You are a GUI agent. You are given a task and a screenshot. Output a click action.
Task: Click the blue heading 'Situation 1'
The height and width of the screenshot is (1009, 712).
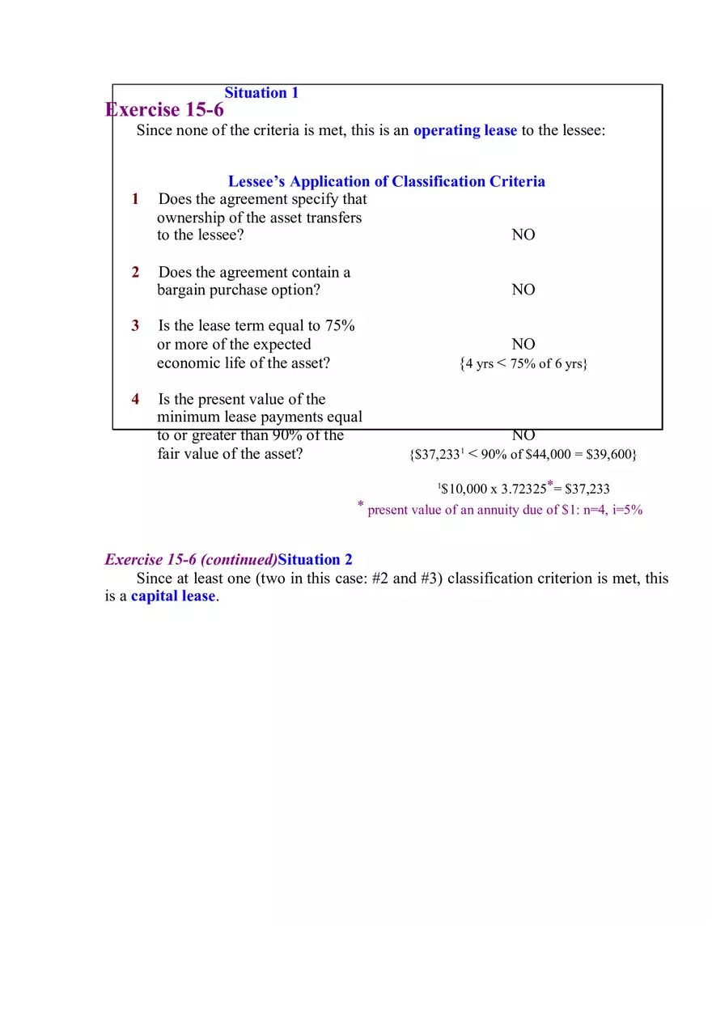click(x=261, y=93)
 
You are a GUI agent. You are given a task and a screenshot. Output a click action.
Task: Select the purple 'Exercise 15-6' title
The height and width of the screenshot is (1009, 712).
click(x=165, y=110)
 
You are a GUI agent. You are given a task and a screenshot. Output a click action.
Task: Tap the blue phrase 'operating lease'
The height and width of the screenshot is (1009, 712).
click(x=464, y=130)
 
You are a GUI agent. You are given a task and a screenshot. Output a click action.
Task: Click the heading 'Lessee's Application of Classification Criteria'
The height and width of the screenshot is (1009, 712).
click(x=386, y=181)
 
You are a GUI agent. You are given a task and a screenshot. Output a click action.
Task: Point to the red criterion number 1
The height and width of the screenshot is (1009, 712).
click(x=136, y=199)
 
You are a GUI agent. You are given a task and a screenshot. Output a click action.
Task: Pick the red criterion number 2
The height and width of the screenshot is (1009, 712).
click(x=136, y=273)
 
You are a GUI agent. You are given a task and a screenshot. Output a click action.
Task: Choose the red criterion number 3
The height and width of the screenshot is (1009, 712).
click(x=136, y=326)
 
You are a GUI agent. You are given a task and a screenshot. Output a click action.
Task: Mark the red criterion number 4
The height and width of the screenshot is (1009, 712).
click(x=136, y=399)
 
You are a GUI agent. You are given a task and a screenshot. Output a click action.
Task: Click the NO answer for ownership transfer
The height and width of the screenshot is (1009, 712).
click(x=523, y=235)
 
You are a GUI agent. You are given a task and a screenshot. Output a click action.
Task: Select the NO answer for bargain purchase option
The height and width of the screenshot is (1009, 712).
click(x=523, y=290)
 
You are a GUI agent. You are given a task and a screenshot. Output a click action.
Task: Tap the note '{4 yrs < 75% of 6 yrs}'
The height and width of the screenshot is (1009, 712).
click(x=523, y=364)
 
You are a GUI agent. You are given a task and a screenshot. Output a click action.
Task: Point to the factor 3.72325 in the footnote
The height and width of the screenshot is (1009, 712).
click(x=523, y=489)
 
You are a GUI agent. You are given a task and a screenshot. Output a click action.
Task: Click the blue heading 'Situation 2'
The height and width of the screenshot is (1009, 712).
click(x=315, y=560)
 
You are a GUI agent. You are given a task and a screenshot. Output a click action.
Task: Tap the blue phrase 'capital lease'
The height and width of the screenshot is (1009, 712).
click(x=173, y=596)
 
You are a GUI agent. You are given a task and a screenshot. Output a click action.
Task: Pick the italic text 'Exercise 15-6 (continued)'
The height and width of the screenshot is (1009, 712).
click(x=191, y=560)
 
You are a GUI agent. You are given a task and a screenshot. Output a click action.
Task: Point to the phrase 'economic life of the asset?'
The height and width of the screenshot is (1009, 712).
click(x=243, y=363)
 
